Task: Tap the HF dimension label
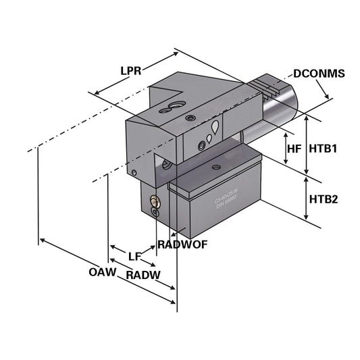click(294, 148)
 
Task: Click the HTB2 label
click(322, 199)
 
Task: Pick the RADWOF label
click(178, 243)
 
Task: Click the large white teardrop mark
click(215, 128)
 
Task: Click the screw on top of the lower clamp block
click(216, 167)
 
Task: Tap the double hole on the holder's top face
click(173, 105)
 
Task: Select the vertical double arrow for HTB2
click(307, 199)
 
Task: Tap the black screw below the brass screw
click(155, 212)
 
